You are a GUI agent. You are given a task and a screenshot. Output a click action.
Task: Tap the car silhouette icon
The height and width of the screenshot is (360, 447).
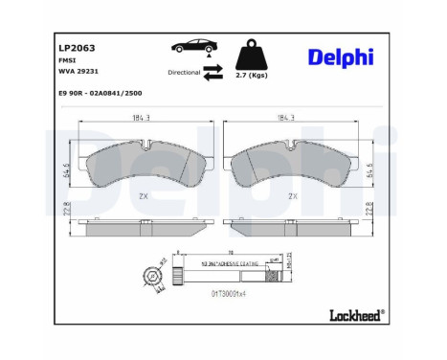[190, 47]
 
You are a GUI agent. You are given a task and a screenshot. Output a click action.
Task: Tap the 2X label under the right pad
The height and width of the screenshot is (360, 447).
[295, 196]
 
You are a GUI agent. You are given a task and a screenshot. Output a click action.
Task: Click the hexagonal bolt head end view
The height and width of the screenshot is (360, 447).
[155, 278]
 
